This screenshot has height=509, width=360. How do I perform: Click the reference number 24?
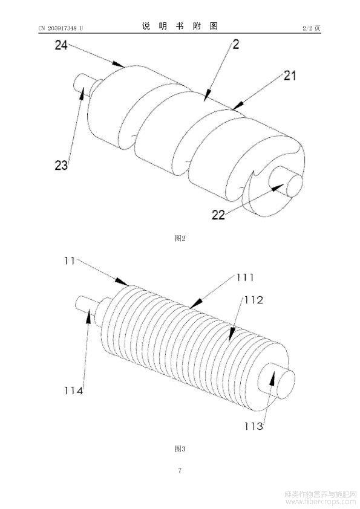61,45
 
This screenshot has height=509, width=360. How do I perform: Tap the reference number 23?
61,165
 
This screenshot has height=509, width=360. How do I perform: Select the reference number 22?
218,215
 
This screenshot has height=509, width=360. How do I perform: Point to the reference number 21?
290,76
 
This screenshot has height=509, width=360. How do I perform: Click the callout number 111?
245,277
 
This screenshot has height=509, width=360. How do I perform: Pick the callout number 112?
254,300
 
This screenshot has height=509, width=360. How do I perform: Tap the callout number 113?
254,426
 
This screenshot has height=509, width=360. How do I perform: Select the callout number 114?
73,391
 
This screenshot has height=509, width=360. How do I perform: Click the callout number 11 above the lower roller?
70,261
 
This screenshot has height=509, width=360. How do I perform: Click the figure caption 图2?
180,239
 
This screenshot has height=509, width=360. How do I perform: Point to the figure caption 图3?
180,449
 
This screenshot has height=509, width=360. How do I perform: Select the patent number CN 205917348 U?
61,28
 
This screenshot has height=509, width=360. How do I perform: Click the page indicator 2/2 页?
312,28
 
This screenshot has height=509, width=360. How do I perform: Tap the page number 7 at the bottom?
180,470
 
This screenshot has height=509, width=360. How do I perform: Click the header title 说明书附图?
180,26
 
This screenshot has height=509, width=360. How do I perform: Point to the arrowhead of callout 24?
119,64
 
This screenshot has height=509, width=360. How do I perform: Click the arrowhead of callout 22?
278,187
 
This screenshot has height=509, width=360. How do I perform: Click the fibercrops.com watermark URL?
321,502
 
